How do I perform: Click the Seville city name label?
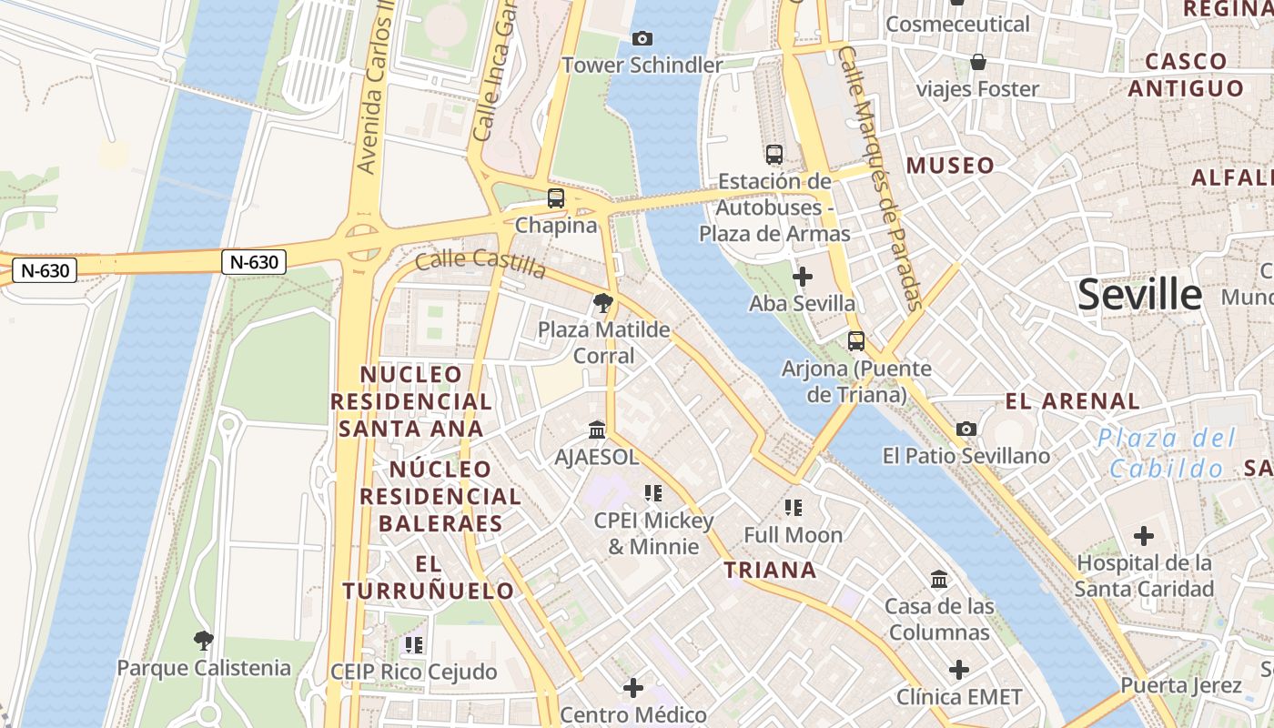(1139, 295)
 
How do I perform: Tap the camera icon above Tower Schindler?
(642, 38)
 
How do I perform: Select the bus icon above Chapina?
(555, 197)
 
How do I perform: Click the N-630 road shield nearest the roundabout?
(254, 262)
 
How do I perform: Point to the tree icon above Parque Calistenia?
(204, 641)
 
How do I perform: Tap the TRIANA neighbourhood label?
(770, 571)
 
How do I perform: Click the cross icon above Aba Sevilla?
(802, 276)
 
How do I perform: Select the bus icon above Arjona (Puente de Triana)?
(856, 341)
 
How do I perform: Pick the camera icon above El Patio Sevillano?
(966, 429)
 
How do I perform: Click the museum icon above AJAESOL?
(597, 429)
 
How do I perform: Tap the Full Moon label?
(794, 535)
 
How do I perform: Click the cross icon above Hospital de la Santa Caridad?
(1144, 536)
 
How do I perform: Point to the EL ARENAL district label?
(1072, 401)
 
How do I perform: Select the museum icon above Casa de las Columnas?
(939, 579)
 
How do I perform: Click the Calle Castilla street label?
(481, 263)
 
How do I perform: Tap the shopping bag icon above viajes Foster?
(978, 62)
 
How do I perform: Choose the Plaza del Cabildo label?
(1167, 453)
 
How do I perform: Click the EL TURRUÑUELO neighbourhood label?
(429, 577)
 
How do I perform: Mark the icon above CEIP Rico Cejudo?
(414, 645)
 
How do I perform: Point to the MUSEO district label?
(951, 166)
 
